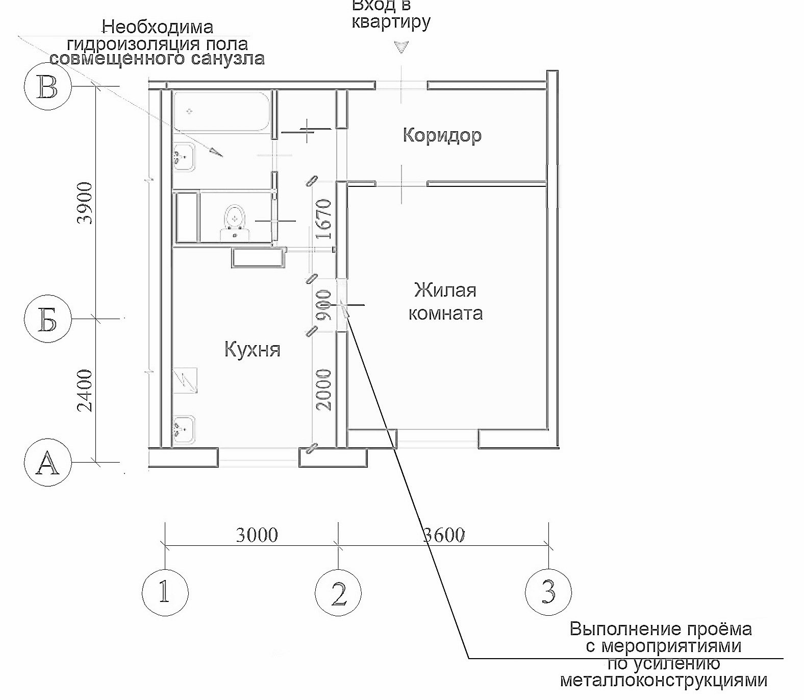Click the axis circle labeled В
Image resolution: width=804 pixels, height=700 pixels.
coord(48,87)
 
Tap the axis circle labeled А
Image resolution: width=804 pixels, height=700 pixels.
coord(47,464)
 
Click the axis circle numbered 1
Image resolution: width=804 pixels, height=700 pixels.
coord(164,593)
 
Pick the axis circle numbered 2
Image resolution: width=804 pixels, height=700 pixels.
coord(338,593)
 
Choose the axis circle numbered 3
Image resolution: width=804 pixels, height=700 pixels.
coord(548,593)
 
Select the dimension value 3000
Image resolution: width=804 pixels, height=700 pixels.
coord(257,535)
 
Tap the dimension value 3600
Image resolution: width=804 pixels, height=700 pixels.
coord(444,535)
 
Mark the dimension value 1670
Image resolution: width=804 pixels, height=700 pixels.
coord(324,220)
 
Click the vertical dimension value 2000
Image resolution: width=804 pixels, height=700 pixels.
coord(324,390)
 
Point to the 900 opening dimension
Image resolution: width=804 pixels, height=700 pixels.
coord(324,305)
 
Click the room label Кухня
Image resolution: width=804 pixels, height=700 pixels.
coord(253,350)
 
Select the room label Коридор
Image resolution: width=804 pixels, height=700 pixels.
coord(442,136)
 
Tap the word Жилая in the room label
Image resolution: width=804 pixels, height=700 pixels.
coord(445,291)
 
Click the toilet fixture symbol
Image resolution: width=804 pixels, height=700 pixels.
coord(235,223)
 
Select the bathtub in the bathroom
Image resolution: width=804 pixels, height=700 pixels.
coord(222,111)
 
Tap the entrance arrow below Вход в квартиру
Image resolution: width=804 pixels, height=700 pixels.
coord(401,47)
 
